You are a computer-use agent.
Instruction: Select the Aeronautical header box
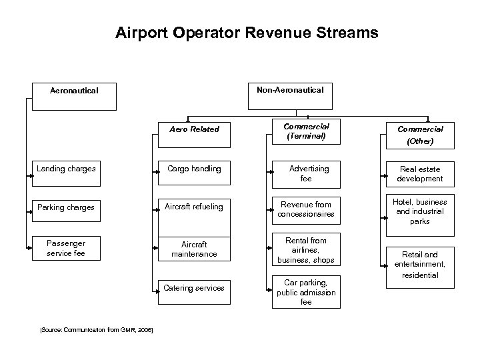click(x=75, y=96)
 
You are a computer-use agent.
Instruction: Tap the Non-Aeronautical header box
click(x=290, y=96)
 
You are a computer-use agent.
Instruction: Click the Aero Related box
click(x=194, y=129)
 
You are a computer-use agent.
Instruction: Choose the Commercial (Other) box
click(x=420, y=135)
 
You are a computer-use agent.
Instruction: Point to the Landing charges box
click(x=66, y=169)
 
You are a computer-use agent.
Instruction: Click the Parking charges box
click(x=66, y=207)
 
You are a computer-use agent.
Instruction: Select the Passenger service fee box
click(x=66, y=248)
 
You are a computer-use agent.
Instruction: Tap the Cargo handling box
click(x=194, y=169)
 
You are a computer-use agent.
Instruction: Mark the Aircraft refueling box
click(x=194, y=207)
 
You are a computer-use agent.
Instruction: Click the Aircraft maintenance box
click(x=194, y=249)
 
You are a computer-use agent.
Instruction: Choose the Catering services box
click(x=194, y=288)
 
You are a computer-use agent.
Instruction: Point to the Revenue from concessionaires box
click(x=306, y=209)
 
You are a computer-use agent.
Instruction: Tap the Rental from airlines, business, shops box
click(x=306, y=250)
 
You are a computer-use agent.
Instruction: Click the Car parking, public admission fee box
click(x=306, y=292)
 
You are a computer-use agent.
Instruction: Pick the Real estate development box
click(x=420, y=174)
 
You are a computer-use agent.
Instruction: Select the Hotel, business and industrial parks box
click(x=420, y=211)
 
